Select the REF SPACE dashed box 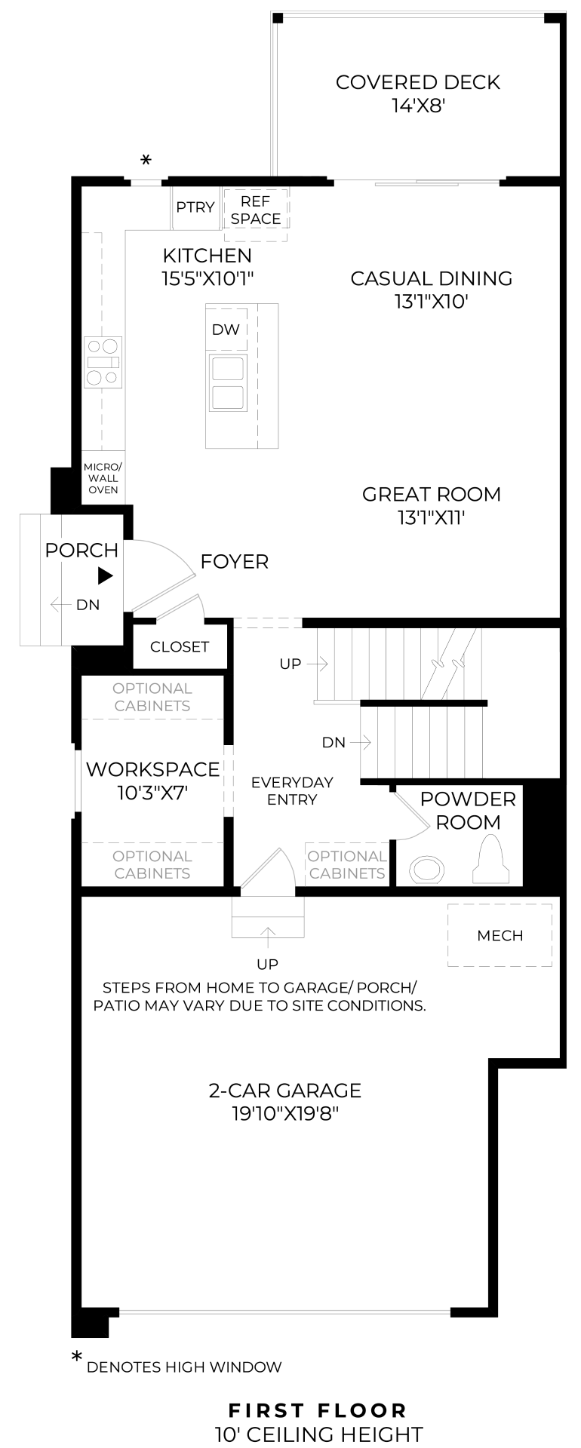pyautogui.click(x=256, y=213)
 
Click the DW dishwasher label pyautogui.click(x=226, y=330)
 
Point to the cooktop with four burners pyautogui.click(x=103, y=362)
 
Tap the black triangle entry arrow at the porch pyautogui.click(x=105, y=576)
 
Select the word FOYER pyautogui.click(x=235, y=562)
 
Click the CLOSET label pyautogui.click(x=180, y=647)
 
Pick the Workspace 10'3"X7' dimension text pyautogui.click(x=152, y=793)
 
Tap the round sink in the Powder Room pyautogui.click(x=428, y=870)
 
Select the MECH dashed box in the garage pyautogui.click(x=500, y=935)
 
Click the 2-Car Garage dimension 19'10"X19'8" pyautogui.click(x=285, y=1114)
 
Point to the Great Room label pyautogui.click(x=432, y=495)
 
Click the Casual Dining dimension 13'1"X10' pyautogui.click(x=432, y=302)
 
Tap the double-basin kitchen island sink pyautogui.click(x=227, y=383)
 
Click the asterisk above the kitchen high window pyautogui.click(x=146, y=160)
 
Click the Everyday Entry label pyautogui.click(x=292, y=790)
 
